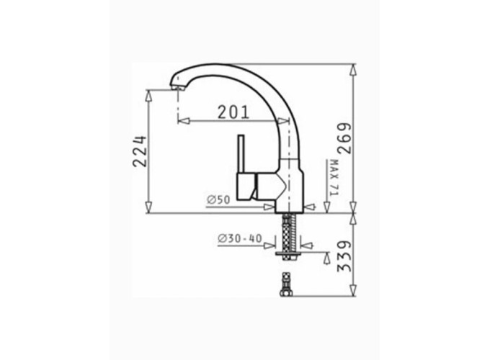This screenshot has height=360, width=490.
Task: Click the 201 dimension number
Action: tap(233, 112)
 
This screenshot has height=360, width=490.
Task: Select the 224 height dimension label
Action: tap(139, 151)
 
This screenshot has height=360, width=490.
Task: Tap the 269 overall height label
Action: tap(344, 138)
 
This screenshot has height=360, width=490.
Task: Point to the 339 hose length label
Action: tap(344, 256)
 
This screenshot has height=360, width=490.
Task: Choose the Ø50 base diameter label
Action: tap(218, 199)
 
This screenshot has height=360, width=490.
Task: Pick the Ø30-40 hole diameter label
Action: tap(240, 239)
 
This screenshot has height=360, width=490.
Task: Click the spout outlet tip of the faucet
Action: tap(177, 87)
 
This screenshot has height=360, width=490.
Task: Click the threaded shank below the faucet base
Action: tap(289, 232)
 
